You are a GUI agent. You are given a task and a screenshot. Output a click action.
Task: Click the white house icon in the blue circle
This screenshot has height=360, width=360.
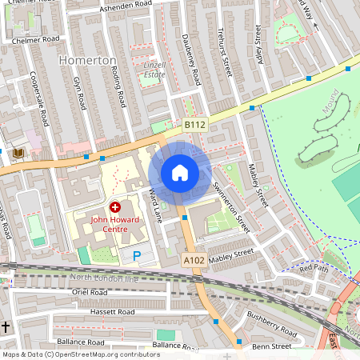(x=180, y=172)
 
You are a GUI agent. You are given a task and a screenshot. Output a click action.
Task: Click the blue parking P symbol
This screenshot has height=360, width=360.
(x=137, y=256)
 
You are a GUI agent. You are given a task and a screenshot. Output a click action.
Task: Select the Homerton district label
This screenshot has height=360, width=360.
(x=88, y=61)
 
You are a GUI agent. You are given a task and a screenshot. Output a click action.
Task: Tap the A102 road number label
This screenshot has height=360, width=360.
(x=194, y=260)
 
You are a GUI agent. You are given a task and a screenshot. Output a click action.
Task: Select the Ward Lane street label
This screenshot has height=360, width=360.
(x=155, y=204)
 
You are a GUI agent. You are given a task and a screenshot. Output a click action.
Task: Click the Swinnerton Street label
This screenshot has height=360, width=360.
(x=232, y=206)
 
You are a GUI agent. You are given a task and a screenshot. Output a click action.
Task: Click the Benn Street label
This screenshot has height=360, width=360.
(x=270, y=347)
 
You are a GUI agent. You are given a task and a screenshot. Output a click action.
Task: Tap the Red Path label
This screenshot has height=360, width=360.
(x=314, y=268)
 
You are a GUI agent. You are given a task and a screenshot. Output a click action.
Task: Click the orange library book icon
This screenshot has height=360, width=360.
(x=18, y=153)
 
